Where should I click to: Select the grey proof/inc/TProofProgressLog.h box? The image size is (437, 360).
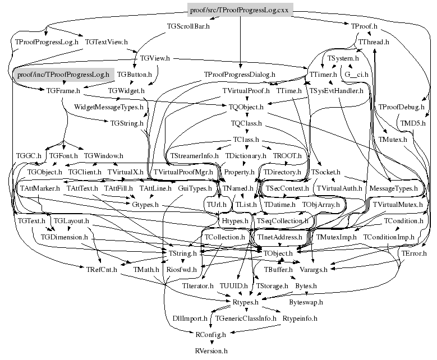click(x=63, y=74)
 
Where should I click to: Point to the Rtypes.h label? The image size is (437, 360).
click(x=245, y=302)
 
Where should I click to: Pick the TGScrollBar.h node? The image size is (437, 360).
click(x=188, y=26)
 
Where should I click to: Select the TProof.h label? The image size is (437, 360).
click(x=364, y=26)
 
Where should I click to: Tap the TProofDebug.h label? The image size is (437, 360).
click(x=402, y=107)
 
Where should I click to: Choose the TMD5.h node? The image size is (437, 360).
click(x=413, y=123)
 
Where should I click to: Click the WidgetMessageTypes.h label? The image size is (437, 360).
click(x=108, y=107)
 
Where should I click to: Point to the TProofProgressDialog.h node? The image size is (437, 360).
click(x=240, y=74)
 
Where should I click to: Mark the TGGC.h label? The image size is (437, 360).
click(x=29, y=155)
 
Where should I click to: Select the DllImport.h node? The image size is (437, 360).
click(x=191, y=319)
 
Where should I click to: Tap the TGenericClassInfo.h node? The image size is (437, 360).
click(x=246, y=319)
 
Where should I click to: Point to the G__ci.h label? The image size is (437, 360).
click(x=357, y=74)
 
